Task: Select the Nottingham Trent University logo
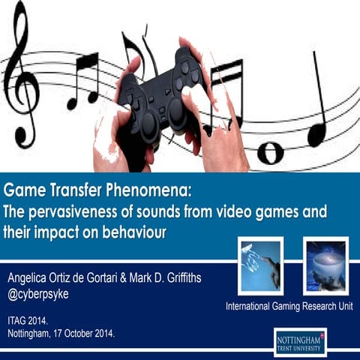coord(300,341)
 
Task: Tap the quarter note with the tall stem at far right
coord(319,105)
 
